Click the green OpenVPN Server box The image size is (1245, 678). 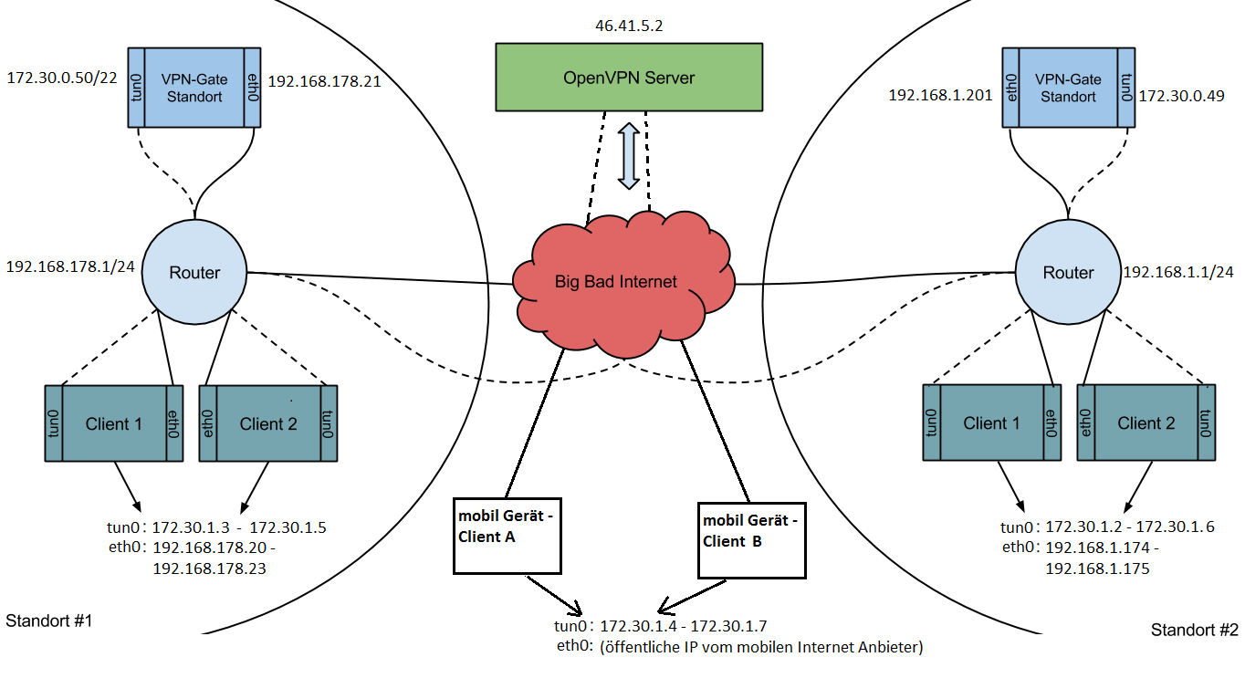[x=628, y=78]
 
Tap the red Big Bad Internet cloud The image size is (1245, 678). [x=616, y=281]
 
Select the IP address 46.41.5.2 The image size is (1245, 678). [x=628, y=26]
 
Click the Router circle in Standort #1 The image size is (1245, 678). [x=194, y=272]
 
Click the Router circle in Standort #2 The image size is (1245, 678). [x=1068, y=272]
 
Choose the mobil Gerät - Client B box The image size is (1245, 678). [x=752, y=539]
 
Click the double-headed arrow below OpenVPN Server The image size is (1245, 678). [x=628, y=158]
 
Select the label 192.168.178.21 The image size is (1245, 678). [x=324, y=81]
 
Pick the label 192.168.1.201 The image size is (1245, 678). [x=940, y=94]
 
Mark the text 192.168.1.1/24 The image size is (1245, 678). [x=1178, y=272]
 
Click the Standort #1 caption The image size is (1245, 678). [x=49, y=621]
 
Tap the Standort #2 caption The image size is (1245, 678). [x=1194, y=631]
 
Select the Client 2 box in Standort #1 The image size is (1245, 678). [x=267, y=423]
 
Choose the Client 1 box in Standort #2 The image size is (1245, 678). [x=990, y=422]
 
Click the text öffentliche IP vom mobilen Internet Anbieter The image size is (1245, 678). [x=761, y=648]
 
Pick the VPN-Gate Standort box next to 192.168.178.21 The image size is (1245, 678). [x=193, y=88]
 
